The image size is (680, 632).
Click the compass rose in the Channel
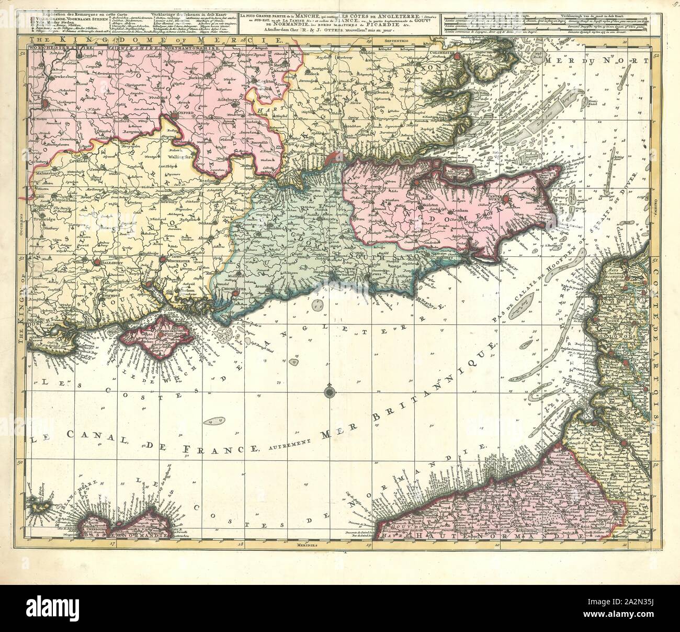(x=328, y=390)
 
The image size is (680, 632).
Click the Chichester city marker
(x=235, y=294)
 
